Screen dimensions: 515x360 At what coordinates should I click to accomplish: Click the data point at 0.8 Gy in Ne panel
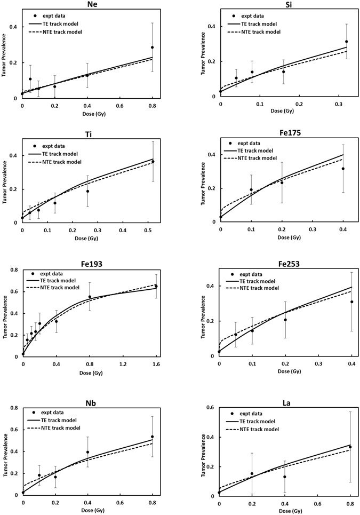(152, 47)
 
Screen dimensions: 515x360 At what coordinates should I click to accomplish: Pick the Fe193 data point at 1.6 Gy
(156, 287)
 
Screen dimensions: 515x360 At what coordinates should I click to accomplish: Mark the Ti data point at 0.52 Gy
(153, 162)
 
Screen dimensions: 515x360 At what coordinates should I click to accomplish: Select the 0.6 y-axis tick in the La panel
(211, 408)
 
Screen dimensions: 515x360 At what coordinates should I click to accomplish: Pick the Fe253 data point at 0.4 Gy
(351, 302)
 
